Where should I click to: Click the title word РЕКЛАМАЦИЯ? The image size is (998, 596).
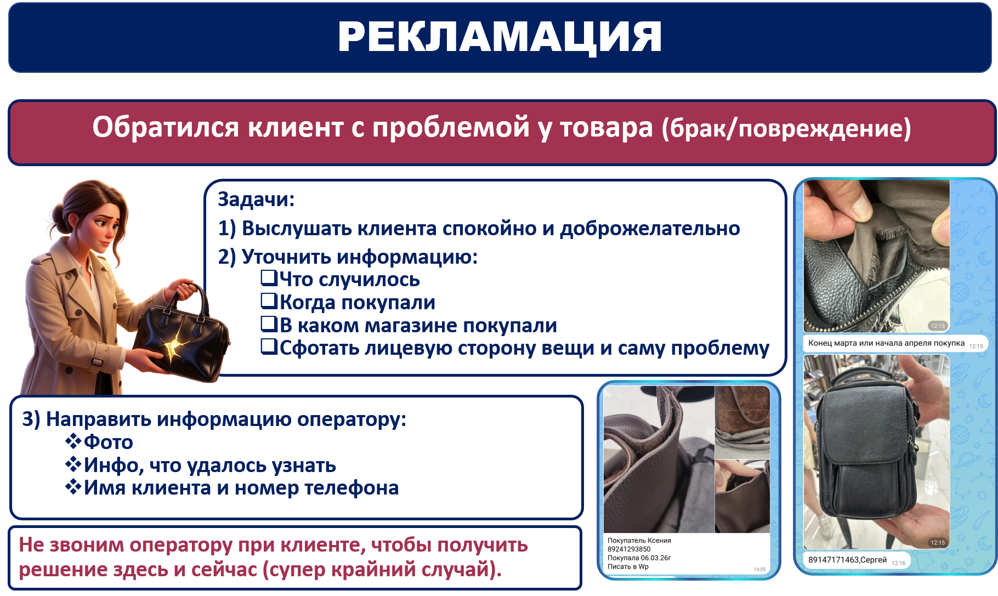(500, 37)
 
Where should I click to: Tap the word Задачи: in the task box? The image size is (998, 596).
(256, 199)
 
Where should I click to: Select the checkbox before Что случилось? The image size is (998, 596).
(269, 278)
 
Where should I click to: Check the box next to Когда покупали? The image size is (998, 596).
(269, 301)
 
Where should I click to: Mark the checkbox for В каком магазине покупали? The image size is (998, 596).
(269, 324)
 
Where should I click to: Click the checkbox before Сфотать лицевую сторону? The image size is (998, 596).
(269, 347)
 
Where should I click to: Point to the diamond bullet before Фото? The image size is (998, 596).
(73, 441)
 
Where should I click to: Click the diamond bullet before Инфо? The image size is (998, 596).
(73, 464)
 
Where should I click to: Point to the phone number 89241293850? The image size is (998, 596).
(629, 549)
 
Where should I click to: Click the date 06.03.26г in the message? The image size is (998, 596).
(656, 558)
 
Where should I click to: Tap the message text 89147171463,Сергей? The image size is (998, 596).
(847, 560)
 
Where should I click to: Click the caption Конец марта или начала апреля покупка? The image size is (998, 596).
(886, 343)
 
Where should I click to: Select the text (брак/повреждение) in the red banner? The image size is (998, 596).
(786, 128)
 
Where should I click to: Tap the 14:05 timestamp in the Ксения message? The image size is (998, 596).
(759, 569)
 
